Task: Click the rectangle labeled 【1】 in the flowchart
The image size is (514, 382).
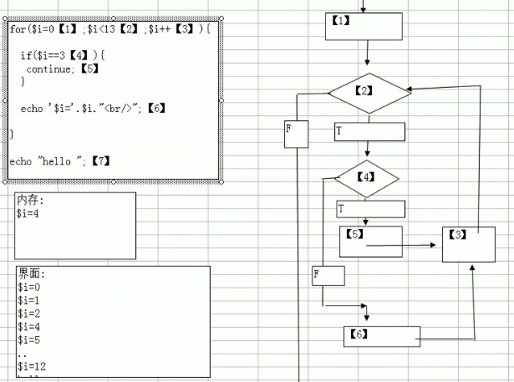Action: [364, 26]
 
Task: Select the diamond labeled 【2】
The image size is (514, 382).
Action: [369, 92]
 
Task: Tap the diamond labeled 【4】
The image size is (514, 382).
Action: [367, 178]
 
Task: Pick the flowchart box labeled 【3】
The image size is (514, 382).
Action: [468, 243]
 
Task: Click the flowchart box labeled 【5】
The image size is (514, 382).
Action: [370, 241]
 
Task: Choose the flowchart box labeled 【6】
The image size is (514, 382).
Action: [381, 336]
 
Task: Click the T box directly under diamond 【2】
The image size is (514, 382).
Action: [369, 131]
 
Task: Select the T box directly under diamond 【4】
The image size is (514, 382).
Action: [370, 208]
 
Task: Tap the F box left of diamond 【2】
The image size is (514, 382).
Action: [296, 134]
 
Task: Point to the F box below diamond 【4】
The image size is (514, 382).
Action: [328, 275]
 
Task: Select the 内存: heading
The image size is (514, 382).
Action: [30, 201]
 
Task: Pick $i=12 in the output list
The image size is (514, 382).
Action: [32, 367]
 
